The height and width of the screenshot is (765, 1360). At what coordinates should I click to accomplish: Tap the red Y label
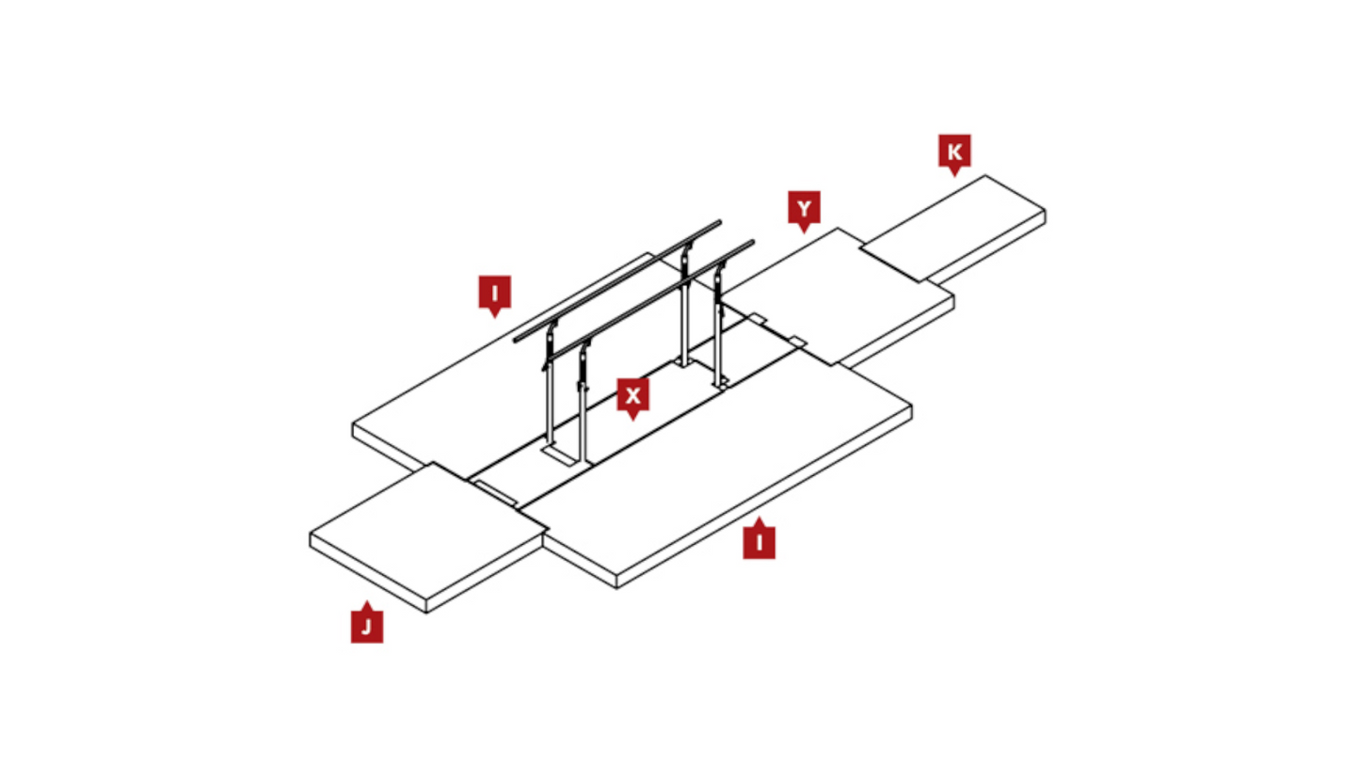[x=804, y=210]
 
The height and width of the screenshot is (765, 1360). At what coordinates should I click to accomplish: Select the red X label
[x=632, y=396]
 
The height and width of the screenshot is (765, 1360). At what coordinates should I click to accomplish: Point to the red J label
[x=367, y=624]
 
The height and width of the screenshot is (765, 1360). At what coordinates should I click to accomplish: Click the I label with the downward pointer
[x=494, y=294]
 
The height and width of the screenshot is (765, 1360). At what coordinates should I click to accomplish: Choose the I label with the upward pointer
[x=759, y=540]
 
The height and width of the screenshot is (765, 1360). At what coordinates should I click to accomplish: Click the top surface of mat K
[x=953, y=228]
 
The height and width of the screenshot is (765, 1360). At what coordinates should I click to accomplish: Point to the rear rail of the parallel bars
[x=617, y=281]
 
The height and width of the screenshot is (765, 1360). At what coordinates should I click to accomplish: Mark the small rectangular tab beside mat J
[x=495, y=492]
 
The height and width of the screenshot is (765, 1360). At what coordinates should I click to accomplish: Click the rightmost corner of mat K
[x=1046, y=211]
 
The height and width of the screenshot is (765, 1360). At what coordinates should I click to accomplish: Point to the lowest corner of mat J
[x=426, y=613]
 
